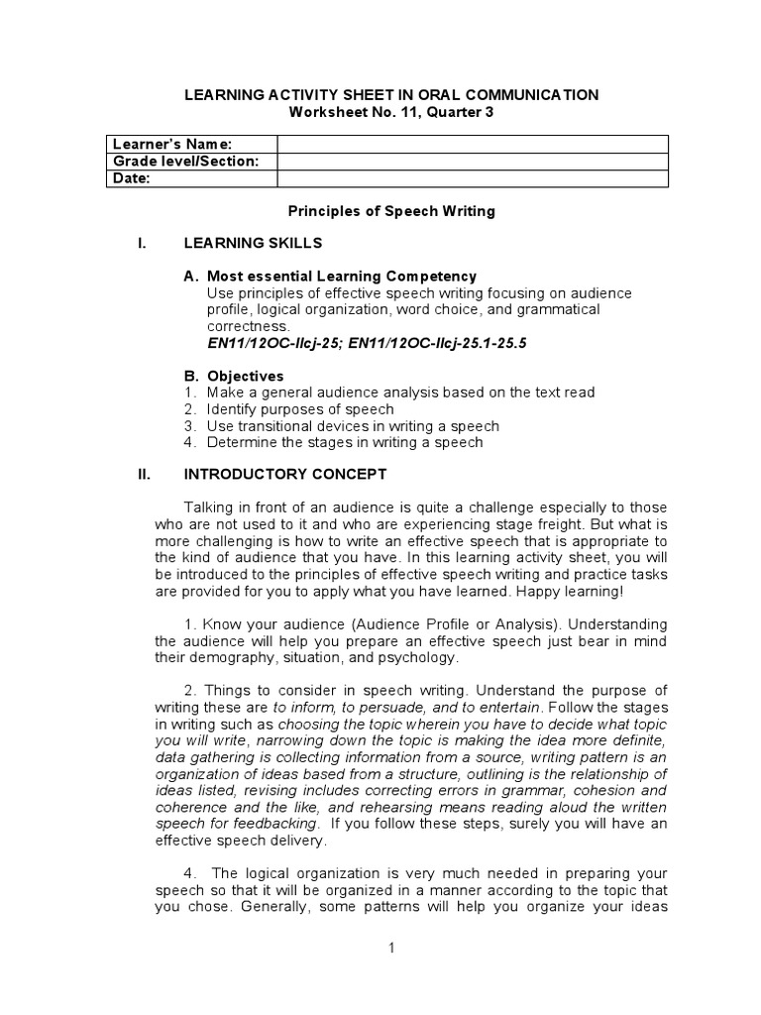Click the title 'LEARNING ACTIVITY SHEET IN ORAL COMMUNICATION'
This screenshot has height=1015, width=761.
[x=391, y=95]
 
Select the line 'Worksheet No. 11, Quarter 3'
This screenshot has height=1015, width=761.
[x=390, y=112]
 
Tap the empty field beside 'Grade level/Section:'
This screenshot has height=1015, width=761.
[x=472, y=162]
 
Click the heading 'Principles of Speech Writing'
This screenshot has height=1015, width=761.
[x=390, y=211]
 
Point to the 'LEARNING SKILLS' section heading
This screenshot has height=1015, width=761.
[x=253, y=243]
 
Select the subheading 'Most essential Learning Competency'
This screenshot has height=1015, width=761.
[x=341, y=277]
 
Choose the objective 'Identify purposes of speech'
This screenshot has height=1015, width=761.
[x=300, y=409]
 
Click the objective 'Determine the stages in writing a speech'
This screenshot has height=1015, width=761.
[x=344, y=442]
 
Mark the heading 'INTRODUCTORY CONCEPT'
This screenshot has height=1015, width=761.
[x=285, y=475]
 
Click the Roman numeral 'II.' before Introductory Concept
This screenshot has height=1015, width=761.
[x=144, y=475]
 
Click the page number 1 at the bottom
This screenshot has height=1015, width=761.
[x=391, y=948]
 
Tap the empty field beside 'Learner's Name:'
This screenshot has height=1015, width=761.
[x=472, y=145]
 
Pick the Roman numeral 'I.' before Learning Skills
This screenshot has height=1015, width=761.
[x=143, y=243]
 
